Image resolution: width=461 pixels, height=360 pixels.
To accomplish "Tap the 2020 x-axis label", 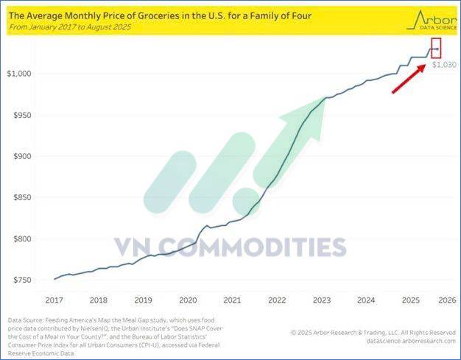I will pos(189,300).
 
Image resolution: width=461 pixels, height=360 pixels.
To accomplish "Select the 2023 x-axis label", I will pos(321,300).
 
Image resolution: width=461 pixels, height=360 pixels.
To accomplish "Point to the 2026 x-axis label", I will pos(447,300).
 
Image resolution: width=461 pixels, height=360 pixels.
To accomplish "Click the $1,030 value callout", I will pos(444,65).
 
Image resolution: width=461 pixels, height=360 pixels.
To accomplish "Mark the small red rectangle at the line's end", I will pos(435,49).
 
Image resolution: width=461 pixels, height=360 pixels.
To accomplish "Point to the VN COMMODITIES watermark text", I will pos(229,246).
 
